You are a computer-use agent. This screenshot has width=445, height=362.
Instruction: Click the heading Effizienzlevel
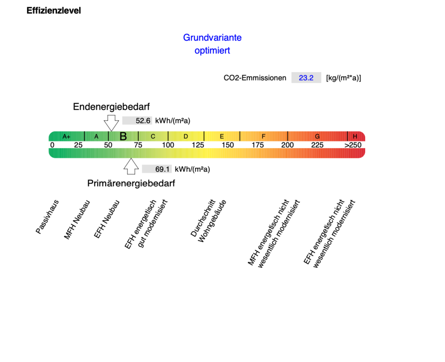(54, 10)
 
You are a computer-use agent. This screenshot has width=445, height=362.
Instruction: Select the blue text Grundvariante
(212, 38)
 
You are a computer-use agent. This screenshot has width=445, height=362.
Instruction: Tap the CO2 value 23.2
(306, 78)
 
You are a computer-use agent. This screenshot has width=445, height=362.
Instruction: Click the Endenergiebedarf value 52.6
(143, 121)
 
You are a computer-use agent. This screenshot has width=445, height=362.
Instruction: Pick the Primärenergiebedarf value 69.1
(162, 169)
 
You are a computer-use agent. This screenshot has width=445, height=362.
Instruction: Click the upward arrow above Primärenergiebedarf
(131, 166)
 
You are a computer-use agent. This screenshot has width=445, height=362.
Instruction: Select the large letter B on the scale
(123, 137)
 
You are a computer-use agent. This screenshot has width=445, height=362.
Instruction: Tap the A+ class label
(66, 137)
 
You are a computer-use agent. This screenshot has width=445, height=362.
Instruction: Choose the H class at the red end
(355, 137)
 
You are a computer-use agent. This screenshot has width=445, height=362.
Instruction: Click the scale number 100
(168, 145)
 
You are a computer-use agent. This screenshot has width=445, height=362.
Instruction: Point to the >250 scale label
(353, 145)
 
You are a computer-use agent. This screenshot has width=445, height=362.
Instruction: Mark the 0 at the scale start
(52, 145)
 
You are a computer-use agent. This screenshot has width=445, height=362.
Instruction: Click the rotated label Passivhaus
(47, 217)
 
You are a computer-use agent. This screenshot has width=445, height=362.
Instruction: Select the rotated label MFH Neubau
(77, 220)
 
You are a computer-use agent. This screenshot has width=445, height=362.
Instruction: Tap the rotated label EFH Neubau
(107, 219)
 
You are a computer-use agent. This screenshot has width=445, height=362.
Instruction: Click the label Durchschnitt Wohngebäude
(208, 221)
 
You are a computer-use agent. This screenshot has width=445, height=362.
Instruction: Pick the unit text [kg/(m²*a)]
(343, 78)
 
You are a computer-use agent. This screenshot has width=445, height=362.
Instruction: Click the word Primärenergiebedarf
(131, 183)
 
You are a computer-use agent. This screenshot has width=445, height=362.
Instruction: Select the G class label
(317, 137)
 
